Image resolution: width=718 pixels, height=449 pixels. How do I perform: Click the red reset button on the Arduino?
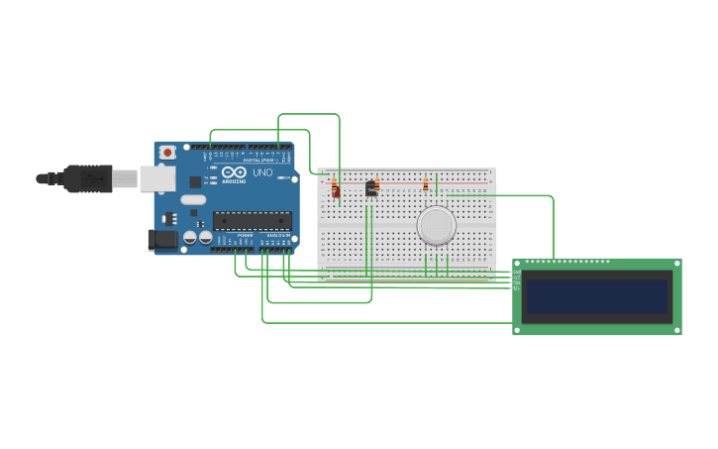167,153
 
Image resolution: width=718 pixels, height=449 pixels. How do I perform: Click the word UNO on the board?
262,172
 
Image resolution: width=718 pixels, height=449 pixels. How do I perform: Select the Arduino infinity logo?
234,172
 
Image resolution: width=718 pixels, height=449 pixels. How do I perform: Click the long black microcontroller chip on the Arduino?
252,221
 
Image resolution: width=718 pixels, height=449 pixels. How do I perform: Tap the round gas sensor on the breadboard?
436,226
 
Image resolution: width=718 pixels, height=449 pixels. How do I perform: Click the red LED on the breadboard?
336,193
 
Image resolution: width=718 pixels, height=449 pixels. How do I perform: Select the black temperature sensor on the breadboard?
371,189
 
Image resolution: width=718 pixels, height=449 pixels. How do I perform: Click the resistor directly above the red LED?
334,182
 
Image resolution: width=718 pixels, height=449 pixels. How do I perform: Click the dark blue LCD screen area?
596,295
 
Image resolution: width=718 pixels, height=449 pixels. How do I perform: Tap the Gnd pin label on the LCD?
516,272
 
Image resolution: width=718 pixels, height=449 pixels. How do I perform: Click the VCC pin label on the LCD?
516,278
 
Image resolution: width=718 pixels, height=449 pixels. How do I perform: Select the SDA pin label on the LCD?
516,283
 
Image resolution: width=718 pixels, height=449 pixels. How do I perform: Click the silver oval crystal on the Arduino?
193,200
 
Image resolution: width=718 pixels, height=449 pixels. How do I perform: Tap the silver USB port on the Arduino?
156,178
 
